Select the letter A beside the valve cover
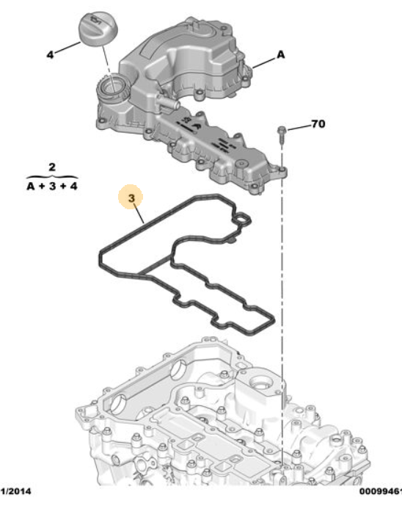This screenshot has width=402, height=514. coord(281,54)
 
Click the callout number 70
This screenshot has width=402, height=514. coord(317,124)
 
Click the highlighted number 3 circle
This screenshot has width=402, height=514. coord(131,198)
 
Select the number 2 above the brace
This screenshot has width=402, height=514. coord(51,167)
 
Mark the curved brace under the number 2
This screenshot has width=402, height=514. coord(51,176)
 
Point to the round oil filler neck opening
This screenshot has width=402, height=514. coord(111,90)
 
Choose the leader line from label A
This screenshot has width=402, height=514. coord(264,61)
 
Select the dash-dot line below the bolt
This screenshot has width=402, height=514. coord(282,294)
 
